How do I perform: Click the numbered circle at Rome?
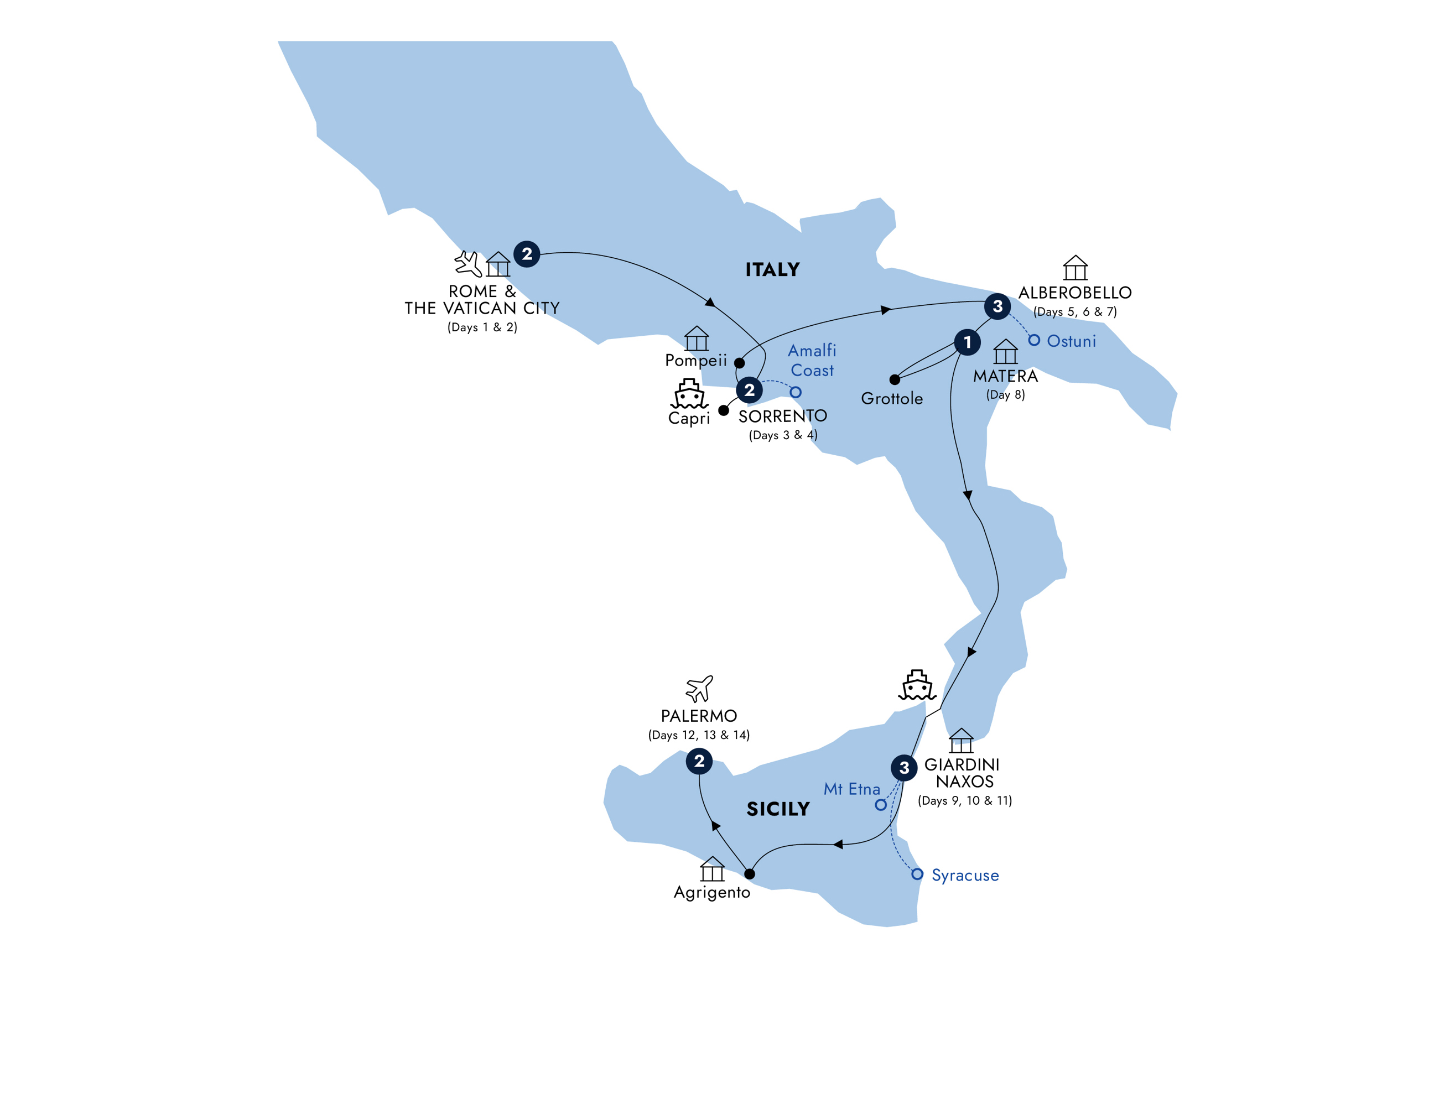click(527, 254)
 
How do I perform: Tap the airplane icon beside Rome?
click(468, 264)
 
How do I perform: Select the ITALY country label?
click(772, 270)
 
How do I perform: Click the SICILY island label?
click(778, 809)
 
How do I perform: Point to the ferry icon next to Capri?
click(689, 393)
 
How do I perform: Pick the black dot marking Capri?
click(724, 410)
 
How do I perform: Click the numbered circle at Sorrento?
click(749, 390)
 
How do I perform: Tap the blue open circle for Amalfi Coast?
click(795, 393)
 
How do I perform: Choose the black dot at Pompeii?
click(739, 362)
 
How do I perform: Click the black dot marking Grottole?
click(894, 379)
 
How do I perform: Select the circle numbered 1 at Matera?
click(967, 342)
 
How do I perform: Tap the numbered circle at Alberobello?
click(997, 306)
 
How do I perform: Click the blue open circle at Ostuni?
click(1034, 340)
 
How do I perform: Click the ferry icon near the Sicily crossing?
click(917, 685)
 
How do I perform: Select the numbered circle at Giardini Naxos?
click(904, 768)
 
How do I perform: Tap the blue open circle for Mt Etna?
click(881, 805)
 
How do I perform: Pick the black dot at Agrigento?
click(749, 874)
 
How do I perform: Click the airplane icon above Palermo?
click(699, 689)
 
